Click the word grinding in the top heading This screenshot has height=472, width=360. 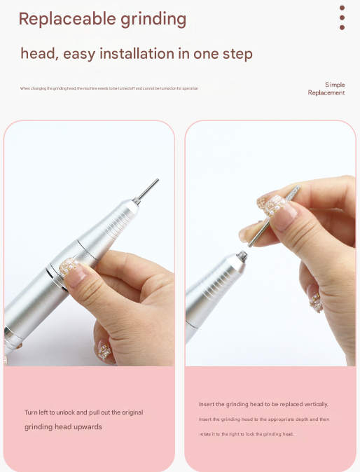coord(153,20)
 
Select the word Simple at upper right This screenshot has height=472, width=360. coord(335,85)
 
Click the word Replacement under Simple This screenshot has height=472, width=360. coord(326,92)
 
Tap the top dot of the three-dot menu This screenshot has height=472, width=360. coord(342,8)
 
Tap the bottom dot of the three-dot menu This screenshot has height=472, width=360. coord(342,27)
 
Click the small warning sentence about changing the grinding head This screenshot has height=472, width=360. coord(109,88)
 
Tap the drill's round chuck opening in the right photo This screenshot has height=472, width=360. coord(242,256)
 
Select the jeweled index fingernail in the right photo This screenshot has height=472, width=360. coord(270,204)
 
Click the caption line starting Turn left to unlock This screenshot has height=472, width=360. coord(83,412)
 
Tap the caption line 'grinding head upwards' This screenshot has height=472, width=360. coord(63,427)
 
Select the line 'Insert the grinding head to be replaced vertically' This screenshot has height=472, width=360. coord(263,404)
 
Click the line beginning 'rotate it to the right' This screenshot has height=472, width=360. coord(245,434)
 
